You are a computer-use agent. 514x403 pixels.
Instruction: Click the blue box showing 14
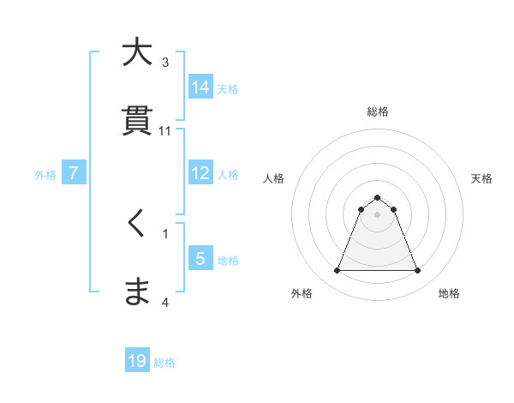pyautogui.click(x=200, y=87)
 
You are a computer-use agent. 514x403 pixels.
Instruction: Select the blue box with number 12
pyautogui.click(x=200, y=172)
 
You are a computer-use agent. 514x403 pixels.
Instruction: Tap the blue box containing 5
pyautogui.click(x=200, y=258)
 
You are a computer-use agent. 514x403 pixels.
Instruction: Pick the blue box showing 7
pyautogui.click(x=74, y=173)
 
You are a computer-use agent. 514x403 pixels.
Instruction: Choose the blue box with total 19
pyautogui.click(x=137, y=361)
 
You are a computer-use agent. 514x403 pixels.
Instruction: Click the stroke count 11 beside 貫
pyautogui.click(x=165, y=131)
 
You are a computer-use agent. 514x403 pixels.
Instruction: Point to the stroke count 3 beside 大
pyautogui.click(x=165, y=63)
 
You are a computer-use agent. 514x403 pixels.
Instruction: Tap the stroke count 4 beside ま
pyautogui.click(x=165, y=302)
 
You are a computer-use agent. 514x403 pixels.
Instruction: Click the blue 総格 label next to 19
pyautogui.click(x=164, y=363)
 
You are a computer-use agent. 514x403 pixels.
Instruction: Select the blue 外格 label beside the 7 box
pyautogui.click(x=45, y=175)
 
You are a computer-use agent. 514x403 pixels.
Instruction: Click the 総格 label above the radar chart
pyautogui.click(x=377, y=111)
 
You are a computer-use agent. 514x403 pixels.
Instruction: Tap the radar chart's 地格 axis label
pyautogui.click(x=449, y=293)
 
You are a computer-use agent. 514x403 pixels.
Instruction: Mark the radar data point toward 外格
pyautogui.click(x=337, y=271)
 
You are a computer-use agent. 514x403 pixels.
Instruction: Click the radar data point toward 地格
pyautogui.click(x=418, y=271)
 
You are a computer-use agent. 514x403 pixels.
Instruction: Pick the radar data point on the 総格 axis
pyautogui.click(x=377, y=197)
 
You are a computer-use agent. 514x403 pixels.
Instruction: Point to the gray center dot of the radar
pyautogui.click(x=377, y=214)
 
